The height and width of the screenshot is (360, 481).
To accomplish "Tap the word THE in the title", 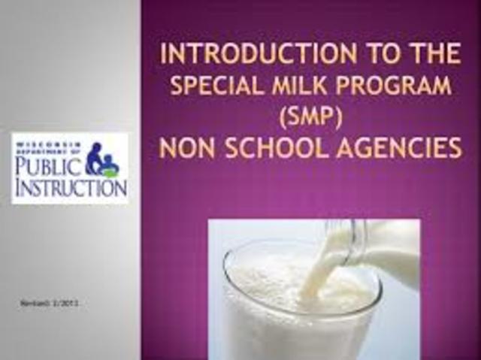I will [432, 54].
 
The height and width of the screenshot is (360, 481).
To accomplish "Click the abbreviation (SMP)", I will [310, 117].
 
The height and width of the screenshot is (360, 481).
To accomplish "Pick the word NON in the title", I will [188, 148].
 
